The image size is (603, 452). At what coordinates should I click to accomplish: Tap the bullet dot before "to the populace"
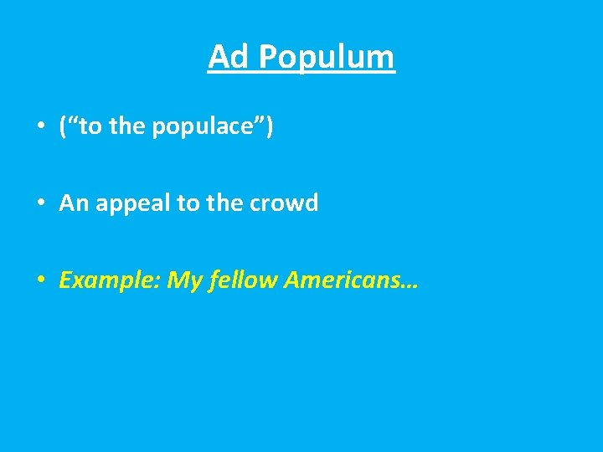tap(40, 127)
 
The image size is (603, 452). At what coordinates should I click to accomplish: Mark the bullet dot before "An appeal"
tap(40, 203)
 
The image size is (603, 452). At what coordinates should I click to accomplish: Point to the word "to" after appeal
tap(187, 203)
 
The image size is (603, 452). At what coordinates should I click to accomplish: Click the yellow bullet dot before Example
tap(40, 280)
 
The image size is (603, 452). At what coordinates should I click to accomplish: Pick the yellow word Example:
tap(109, 280)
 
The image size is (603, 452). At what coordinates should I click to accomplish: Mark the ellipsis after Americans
tap(410, 285)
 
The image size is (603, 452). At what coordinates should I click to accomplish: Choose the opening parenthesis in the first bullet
tap(64, 127)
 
